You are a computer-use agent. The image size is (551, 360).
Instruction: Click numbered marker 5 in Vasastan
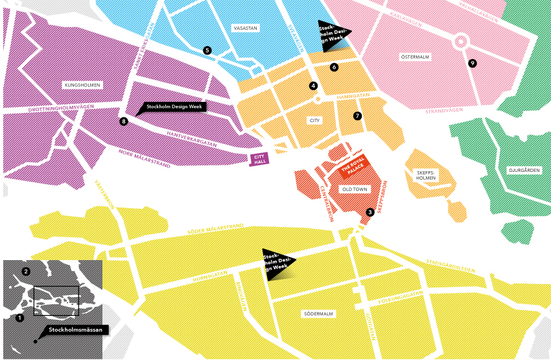(207, 50)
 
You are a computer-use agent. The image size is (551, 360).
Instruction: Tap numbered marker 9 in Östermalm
(472, 63)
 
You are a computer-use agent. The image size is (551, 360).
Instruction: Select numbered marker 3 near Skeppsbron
(369, 212)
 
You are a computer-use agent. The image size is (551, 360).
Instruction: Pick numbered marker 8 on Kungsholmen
(124, 121)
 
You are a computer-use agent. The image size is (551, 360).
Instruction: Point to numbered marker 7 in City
(357, 115)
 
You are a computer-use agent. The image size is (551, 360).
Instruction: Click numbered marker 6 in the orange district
(334, 67)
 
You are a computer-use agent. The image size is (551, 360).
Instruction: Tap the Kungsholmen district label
(80, 85)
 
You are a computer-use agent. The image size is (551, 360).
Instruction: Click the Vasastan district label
(245, 28)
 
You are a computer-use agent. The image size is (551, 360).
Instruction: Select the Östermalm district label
(416, 57)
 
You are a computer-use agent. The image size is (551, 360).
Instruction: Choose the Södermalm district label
(318, 314)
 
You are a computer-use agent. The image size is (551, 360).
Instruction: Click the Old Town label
(354, 189)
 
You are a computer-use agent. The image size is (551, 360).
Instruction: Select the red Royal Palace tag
(353, 167)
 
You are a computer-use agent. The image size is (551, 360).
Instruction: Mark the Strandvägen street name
(444, 111)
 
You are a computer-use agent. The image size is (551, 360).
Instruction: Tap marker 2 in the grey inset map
(26, 270)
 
